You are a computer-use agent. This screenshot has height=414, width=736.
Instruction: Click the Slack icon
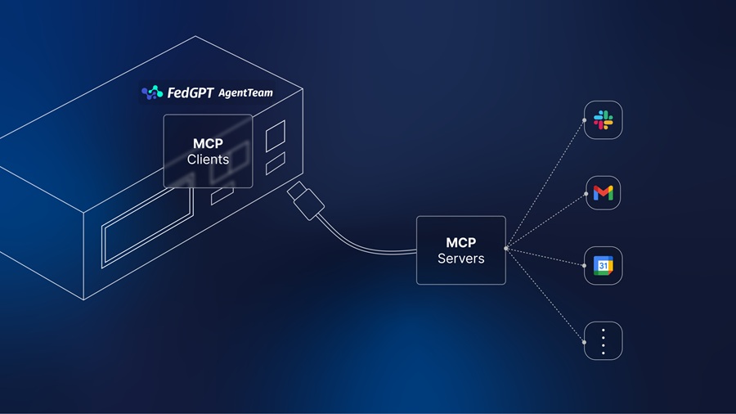(x=604, y=121)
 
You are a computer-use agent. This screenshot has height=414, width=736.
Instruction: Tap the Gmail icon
(x=604, y=193)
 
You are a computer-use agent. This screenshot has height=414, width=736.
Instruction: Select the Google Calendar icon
(x=604, y=266)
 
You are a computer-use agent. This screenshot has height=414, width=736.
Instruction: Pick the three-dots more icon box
(x=604, y=340)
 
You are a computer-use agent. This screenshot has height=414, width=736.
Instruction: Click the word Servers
(x=460, y=259)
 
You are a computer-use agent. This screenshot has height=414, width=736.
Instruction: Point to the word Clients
(x=208, y=160)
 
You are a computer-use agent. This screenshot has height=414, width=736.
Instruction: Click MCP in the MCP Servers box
(x=460, y=243)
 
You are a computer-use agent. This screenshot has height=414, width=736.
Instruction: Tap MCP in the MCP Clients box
(x=208, y=143)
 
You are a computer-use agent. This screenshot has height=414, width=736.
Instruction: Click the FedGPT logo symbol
(x=152, y=93)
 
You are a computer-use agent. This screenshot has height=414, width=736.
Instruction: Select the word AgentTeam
(x=245, y=93)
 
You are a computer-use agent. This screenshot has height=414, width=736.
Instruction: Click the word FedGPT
(x=190, y=93)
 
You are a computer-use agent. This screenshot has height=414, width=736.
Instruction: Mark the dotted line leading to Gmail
(x=546, y=221)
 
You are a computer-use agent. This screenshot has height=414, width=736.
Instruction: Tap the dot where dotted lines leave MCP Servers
(x=507, y=248)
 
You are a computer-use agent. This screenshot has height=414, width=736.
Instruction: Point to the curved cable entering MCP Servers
(x=368, y=247)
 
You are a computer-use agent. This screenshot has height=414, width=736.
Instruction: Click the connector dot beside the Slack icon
(x=584, y=120)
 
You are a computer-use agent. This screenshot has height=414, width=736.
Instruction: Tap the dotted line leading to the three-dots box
(x=546, y=295)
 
